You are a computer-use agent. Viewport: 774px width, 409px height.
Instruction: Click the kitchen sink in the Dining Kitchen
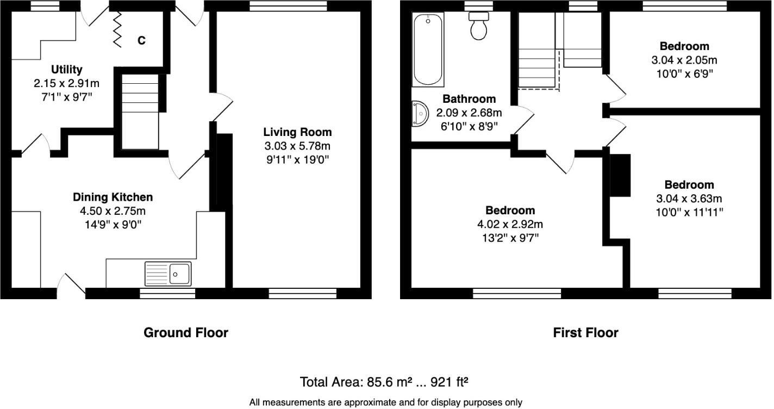click(168, 274)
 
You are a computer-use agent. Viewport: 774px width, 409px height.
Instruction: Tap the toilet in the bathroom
click(479, 27)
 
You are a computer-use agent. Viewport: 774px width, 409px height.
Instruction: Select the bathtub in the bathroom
click(428, 49)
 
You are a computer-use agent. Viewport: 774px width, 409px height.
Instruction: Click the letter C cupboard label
click(141, 40)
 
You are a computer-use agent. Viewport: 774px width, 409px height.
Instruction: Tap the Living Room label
click(297, 132)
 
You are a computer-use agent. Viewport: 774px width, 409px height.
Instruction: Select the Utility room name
click(67, 70)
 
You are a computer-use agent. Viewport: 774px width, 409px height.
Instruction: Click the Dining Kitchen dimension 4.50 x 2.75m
click(113, 211)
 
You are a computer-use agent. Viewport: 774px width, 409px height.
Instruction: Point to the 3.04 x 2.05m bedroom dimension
click(684, 60)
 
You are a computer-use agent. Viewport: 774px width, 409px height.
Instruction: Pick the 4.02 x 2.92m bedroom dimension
click(510, 224)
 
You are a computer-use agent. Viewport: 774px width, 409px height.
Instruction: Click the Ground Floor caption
click(185, 332)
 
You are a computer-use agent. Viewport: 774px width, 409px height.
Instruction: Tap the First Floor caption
click(585, 332)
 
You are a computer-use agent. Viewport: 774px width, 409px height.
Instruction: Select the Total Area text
click(384, 382)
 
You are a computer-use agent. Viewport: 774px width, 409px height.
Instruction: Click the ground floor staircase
click(140, 111)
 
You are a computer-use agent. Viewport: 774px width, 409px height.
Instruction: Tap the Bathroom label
click(469, 99)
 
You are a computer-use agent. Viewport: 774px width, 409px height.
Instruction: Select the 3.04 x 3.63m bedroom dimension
click(689, 199)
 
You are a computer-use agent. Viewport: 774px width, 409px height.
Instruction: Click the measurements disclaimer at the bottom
click(385, 402)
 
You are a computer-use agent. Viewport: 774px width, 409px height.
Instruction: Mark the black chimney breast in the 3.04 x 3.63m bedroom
click(620, 175)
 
